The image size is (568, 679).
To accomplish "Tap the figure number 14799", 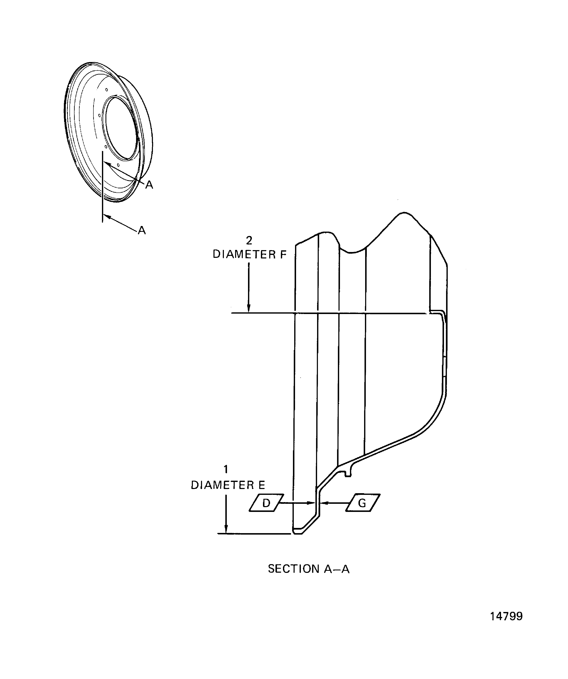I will pyautogui.click(x=506, y=616).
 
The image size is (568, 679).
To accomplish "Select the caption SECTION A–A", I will pyautogui.click(x=308, y=569).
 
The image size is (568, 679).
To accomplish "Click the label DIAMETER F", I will pyautogui.click(x=249, y=254).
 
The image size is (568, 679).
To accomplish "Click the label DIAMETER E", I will pyautogui.click(x=228, y=485).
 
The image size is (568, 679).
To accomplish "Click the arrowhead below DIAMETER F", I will pyautogui.click(x=249, y=309).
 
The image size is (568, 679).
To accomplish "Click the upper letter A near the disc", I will pyautogui.click(x=149, y=185).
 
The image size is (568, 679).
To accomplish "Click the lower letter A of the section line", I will pyautogui.click(x=142, y=231).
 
